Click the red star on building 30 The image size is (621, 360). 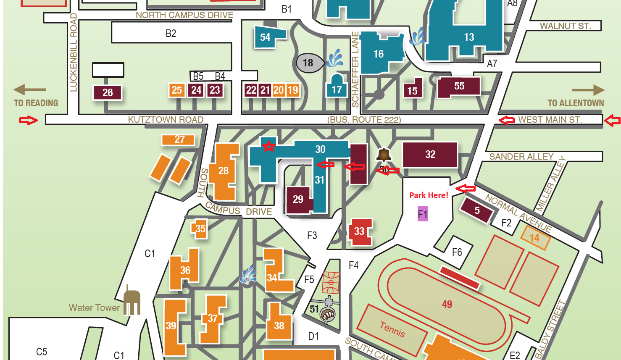pos(268,146)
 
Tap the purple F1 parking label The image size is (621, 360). pos(423,214)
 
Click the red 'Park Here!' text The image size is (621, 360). pos(429,195)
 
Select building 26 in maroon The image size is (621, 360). pos(108,92)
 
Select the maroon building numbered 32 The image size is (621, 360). pos(430,155)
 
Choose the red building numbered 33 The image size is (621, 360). pos(360,231)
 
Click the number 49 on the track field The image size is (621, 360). pos(447,304)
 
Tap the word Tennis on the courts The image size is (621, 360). pos(392,329)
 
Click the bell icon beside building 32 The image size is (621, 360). pos(383,155)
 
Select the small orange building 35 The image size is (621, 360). pos(200,229)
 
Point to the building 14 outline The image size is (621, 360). pos(535,238)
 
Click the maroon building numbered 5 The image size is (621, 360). pos(476,210)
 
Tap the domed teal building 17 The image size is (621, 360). pos(337,87)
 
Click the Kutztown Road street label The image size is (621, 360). pos(166,120)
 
